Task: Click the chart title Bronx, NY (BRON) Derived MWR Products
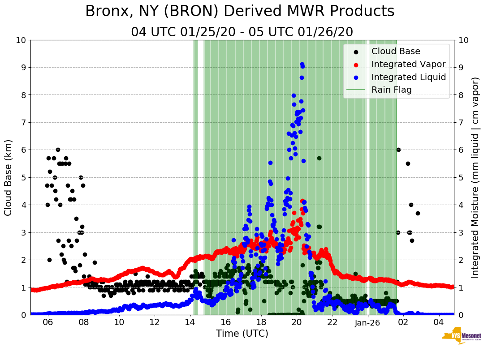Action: coord(240,11)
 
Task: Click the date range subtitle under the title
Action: coord(242,32)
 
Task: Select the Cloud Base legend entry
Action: coord(396,51)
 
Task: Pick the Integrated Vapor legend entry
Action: coord(408,64)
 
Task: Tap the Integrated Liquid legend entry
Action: coord(408,77)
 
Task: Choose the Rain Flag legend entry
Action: coord(391,90)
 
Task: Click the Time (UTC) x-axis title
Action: coord(242,334)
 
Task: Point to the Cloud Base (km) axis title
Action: coord(9,177)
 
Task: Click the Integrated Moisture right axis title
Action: coord(475,177)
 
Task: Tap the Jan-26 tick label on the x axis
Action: coord(368,322)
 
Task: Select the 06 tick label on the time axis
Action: coord(48,322)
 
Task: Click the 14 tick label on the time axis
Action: coord(190,322)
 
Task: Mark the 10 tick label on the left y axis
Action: coord(21,40)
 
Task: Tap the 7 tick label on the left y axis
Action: coord(23,122)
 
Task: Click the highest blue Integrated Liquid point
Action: coord(302,64)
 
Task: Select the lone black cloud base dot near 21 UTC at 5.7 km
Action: coord(319,158)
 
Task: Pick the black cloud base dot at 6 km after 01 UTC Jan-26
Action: coord(398,150)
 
